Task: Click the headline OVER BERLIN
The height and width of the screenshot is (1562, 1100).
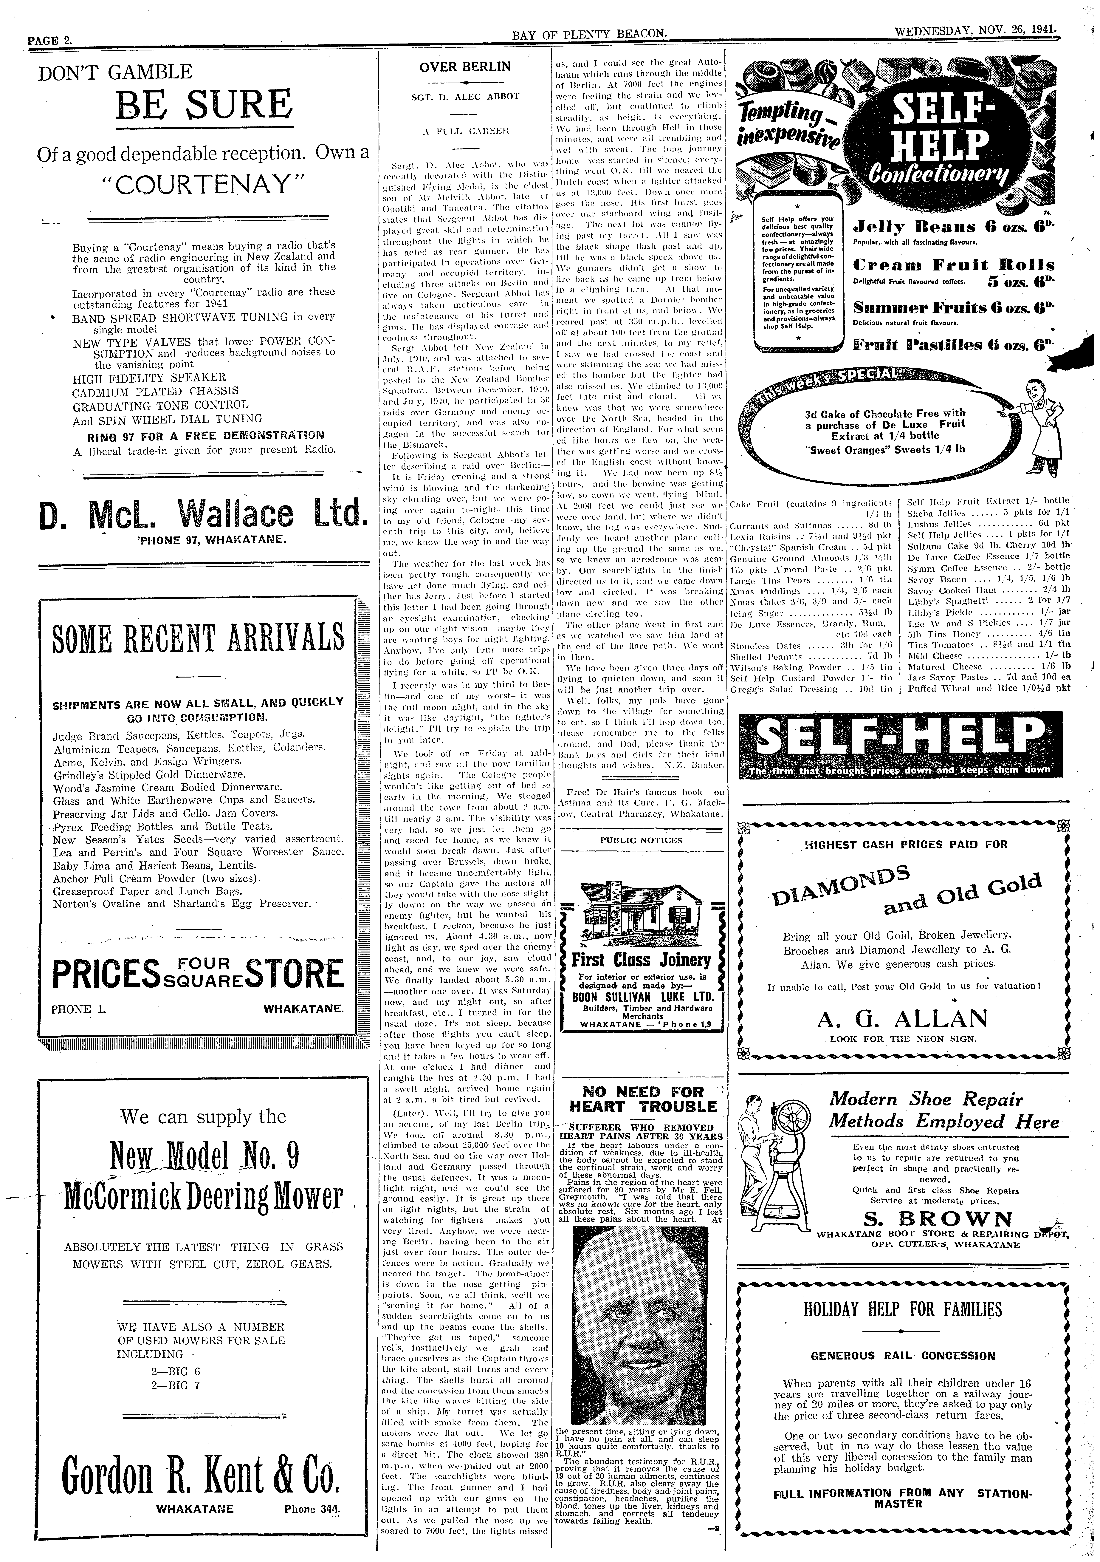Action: click(465, 67)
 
